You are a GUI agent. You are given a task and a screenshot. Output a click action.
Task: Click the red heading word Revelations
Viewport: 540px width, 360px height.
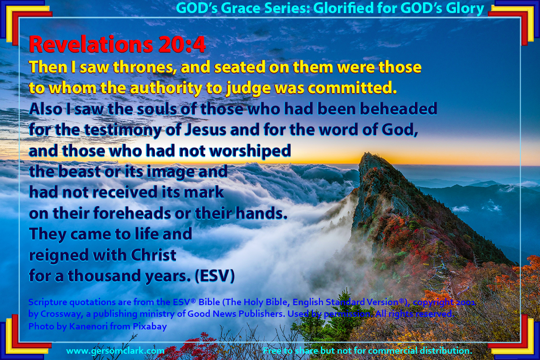tap(91, 45)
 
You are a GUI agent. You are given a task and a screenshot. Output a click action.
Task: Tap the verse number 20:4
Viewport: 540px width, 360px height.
tap(182, 45)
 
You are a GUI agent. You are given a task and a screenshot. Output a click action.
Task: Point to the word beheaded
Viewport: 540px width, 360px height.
tap(399, 109)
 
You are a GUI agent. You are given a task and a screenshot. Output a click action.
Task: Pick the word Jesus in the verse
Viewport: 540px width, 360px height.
tap(205, 130)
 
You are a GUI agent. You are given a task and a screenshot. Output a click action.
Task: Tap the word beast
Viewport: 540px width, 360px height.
tap(79, 171)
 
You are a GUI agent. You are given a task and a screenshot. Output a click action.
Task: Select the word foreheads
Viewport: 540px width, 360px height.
tap(132, 213)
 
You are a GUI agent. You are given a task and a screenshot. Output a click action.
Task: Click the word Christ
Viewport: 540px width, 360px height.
tap(153, 255)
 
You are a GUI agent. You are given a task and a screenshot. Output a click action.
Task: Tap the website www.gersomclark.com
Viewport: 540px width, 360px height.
tap(115, 351)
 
